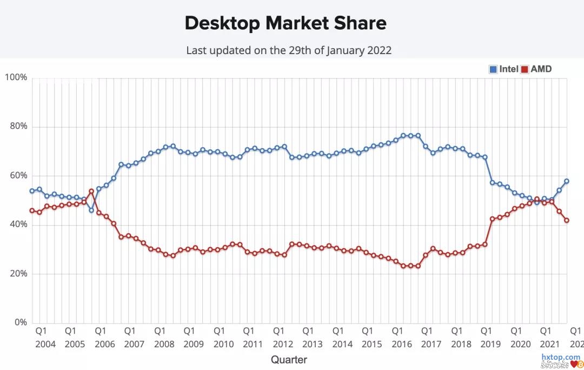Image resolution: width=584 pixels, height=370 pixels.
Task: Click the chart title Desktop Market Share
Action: coord(286,23)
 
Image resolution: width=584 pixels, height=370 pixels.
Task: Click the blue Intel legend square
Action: coord(493,69)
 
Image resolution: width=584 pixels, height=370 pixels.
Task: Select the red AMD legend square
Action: coord(525,69)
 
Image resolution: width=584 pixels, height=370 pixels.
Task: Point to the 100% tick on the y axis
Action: coord(16,77)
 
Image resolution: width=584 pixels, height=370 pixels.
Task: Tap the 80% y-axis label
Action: coord(16,127)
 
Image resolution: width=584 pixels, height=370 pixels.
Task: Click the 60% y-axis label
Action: coord(16,176)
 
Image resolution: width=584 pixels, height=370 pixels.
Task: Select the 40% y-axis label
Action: coord(16,224)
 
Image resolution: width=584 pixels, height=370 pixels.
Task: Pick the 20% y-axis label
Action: coord(16,274)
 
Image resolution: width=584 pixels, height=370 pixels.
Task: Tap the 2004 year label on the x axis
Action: coord(45,344)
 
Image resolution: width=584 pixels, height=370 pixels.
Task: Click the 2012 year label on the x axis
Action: coord(283,344)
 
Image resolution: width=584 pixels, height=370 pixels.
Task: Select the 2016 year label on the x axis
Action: coord(402,344)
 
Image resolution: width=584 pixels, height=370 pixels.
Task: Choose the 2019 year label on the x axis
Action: coord(491,344)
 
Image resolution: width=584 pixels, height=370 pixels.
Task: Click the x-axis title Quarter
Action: coord(289,360)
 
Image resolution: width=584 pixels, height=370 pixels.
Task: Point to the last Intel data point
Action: coord(567,181)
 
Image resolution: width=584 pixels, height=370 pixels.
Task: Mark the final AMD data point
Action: coord(567,220)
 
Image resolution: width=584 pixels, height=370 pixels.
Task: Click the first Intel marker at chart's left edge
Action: coord(32,191)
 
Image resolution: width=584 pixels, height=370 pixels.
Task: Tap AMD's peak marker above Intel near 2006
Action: coord(91,191)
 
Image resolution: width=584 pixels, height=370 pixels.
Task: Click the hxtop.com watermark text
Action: coord(561,358)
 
